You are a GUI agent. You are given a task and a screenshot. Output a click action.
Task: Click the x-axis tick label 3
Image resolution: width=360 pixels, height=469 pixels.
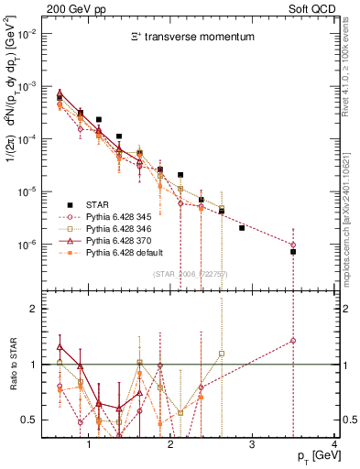[253, 444]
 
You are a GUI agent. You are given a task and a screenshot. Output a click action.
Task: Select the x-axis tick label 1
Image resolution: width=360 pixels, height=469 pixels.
[89, 444]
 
